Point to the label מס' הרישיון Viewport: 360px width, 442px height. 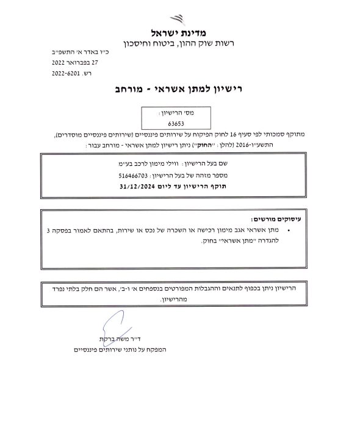[x=176, y=113]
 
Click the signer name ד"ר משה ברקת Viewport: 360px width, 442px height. [x=120, y=338]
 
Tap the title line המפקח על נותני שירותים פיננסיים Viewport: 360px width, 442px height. [x=115, y=349]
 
